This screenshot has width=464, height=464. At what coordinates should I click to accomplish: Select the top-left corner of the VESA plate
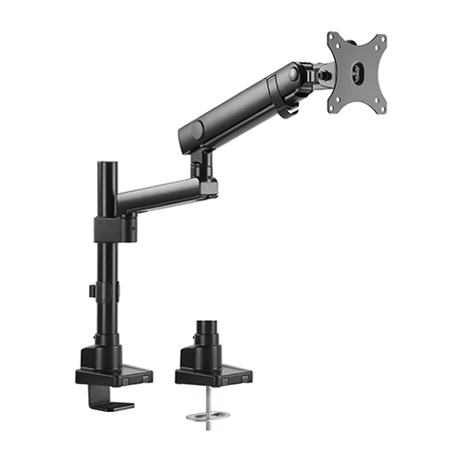(x=331, y=36)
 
